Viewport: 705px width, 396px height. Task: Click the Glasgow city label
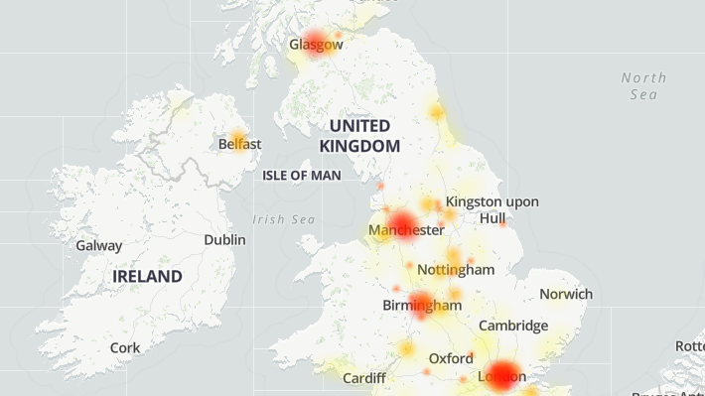pyautogui.click(x=316, y=45)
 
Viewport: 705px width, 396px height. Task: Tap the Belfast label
pyautogui.click(x=239, y=144)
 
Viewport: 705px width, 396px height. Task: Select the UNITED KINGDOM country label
pyautogui.click(x=359, y=136)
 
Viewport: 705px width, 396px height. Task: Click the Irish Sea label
pyautogui.click(x=283, y=219)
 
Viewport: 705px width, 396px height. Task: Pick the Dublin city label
pyautogui.click(x=224, y=240)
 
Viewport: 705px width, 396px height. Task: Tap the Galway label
pyautogui.click(x=99, y=245)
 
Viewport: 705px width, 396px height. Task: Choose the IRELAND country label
pyautogui.click(x=147, y=276)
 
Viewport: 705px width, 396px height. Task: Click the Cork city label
pyautogui.click(x=125, y=348)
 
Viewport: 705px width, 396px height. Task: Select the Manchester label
pyautogui.click(x=406, y=230)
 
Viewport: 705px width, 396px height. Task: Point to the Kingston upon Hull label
pyautogui.click(x=492, y=209)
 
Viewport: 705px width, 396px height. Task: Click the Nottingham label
pyautogui.click(x=456, y=270)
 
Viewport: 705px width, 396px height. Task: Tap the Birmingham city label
pyautogui.click(x=422, y=306)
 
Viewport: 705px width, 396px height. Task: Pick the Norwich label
pyautogui.click(x=566, y=294)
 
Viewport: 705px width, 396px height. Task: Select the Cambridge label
pyautogui.click(x=513, y=326)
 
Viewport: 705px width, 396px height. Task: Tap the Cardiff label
pyautogui.click(x=363, y=378)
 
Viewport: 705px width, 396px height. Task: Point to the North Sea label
pyautogui.click(x=643, y=85)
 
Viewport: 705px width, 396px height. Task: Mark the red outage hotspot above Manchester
pyautogui.click(x=402, y=221)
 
